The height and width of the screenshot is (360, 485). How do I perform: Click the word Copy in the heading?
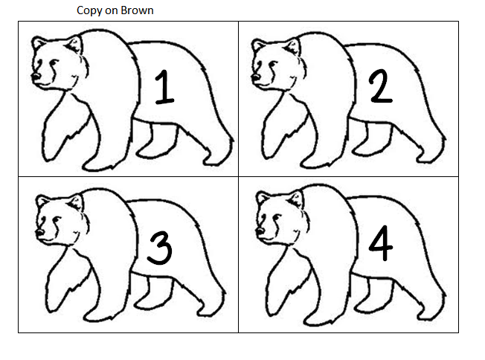pos(89,11)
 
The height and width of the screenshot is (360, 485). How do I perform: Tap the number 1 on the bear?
pos(164,89)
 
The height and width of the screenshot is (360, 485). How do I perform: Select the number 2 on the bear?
pos(380,89)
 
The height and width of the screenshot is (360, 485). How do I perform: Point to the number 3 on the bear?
pos(159,248)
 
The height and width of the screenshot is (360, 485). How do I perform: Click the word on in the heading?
pos(110,11)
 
